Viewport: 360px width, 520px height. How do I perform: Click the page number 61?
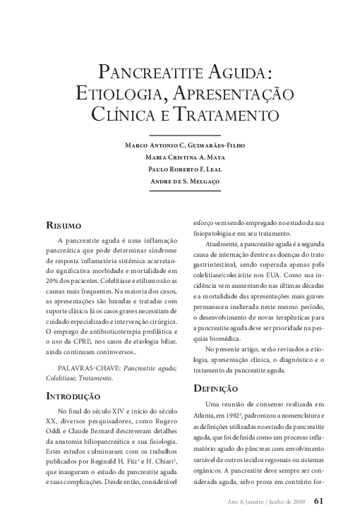(318, 502)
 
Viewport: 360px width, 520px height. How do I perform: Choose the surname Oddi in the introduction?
(55, 432)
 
